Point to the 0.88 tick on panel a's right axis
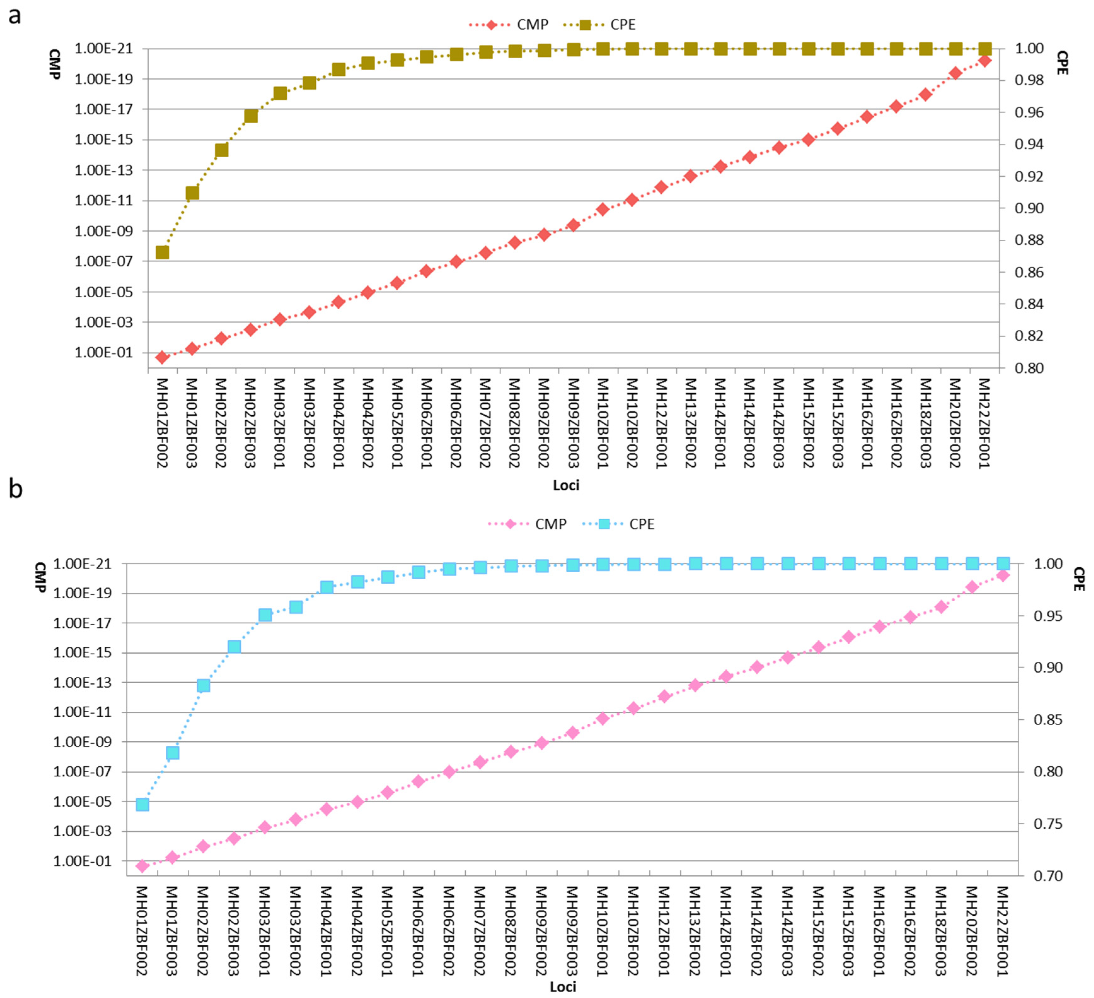(x=1029, y=240)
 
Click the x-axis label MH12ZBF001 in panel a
(x=661, y=423)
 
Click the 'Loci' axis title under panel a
(x=566, y=485)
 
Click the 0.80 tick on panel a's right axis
(x=1029, y=368)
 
